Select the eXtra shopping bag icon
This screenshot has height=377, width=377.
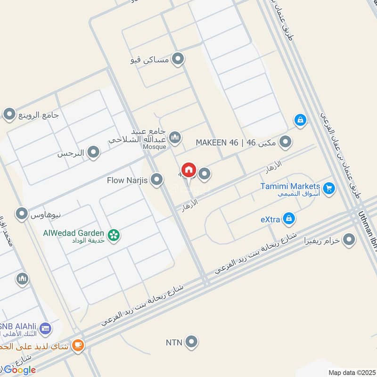[289, 219]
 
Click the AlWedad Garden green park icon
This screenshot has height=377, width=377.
[113, 234]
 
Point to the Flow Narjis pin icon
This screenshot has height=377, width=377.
[157, 180]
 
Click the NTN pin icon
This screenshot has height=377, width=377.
[191, 342]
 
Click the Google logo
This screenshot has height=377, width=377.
[20, 369]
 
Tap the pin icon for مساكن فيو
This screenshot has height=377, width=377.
[178, 59]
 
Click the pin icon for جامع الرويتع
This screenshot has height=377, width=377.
[9, 114]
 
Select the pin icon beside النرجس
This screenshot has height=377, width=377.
[94, 152]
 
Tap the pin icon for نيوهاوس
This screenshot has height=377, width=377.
[22, 214]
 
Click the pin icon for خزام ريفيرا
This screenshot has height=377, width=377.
[349, 240]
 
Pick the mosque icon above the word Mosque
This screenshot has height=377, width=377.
[175, 137]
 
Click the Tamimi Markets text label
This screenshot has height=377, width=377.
[290, 186]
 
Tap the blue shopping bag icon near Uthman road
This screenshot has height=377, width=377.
[300, 121]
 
